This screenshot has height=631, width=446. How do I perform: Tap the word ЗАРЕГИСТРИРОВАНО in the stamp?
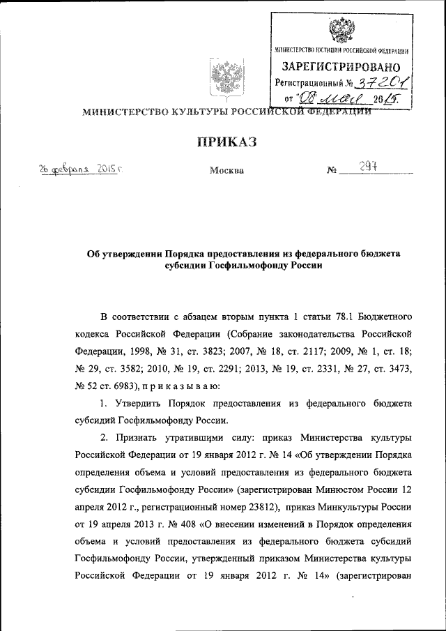click(x=341, y=67)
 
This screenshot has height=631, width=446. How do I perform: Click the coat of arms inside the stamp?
click(x=340, y=30)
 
